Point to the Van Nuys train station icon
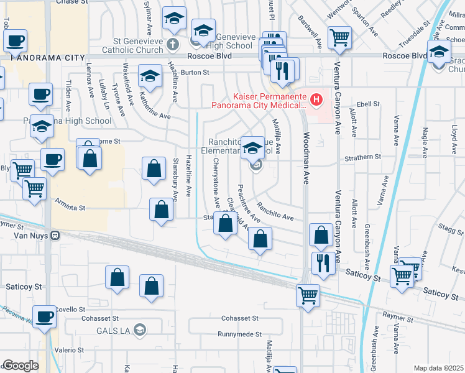click(55, 236)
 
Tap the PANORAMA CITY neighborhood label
click(47, 58)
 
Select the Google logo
click(21, 366)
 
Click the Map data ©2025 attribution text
click(438, 368)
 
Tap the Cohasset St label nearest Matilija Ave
click(238, 318)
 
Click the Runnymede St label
click(239, 334)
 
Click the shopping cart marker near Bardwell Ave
click(340, 38)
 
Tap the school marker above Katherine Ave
click(150, 76)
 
